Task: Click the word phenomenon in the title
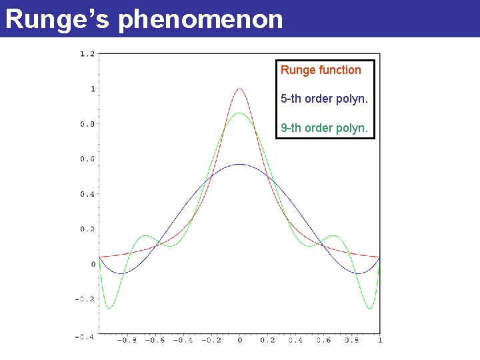click(201, 19)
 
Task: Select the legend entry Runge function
click(321, 70)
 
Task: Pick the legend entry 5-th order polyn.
click(324, 99)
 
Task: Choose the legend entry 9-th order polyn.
click(324, 127)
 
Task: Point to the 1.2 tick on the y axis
click(87, 53)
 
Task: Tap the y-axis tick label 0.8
click(87, 124)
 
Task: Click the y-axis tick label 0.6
click(87, 159)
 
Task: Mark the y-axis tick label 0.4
click(87, 194)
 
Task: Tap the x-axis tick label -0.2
click(211, 341)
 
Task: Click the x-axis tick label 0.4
click(295, 341)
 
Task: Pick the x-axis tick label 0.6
click(323, 341)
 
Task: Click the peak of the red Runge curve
click(239, 88)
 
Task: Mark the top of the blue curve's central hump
click(239, 164)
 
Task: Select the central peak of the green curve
click(239, 113)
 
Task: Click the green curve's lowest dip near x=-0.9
click(109, 308)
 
